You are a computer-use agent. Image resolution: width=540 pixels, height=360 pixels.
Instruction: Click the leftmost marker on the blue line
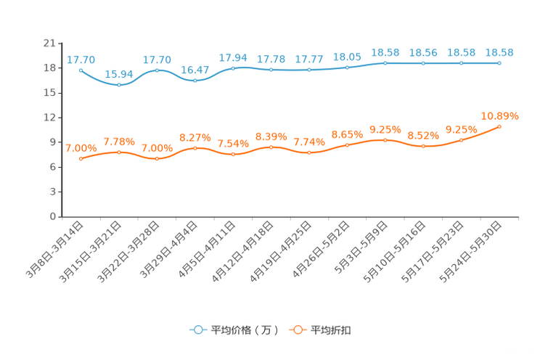click(81, 70)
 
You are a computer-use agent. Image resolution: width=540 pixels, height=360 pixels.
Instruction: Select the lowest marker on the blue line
click(119, 85)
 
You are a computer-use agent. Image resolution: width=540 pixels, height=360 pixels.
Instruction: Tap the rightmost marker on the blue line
click(499, 63)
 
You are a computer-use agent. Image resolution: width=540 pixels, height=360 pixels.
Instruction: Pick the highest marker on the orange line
click(499, 126)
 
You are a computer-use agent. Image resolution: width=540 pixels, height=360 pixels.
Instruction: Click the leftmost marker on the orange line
click(81, 158)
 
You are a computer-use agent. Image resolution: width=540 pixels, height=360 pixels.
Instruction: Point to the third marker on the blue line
click(157, 70)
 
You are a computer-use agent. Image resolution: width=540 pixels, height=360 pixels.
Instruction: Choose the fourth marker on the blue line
click(195, 80)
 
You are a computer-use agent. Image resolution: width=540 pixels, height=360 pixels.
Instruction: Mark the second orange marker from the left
click(119, 152)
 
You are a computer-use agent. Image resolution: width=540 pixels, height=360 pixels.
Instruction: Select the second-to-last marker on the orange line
click(461, 139)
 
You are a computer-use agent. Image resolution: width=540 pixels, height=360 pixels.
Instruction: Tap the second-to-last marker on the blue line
click(461, 63)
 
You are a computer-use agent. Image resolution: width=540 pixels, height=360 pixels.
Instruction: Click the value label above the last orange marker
click(500, 115)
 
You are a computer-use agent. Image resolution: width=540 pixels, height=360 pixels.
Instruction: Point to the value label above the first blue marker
click(81, 59)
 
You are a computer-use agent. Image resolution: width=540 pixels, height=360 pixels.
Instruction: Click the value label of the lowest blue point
click(119, 74)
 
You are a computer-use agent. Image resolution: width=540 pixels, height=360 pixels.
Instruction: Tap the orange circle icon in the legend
click(298, 330)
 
